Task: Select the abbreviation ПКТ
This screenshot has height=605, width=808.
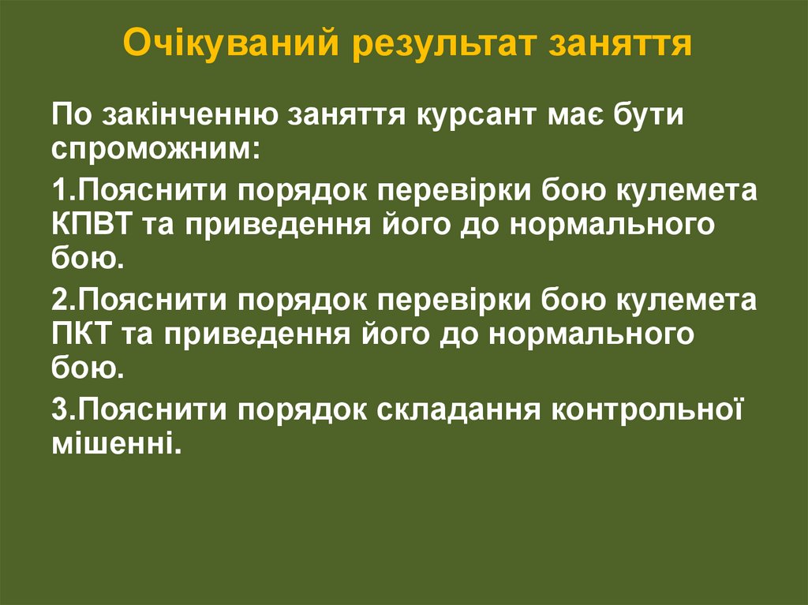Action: click(x=81, y=334)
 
